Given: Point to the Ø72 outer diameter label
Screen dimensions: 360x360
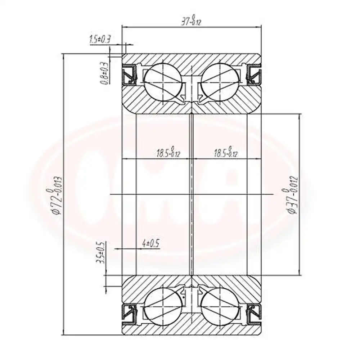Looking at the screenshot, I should [57, 196].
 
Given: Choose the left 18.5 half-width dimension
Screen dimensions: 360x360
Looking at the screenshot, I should [168, 153].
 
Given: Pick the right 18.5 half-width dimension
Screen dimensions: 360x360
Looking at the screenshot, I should [225, 153].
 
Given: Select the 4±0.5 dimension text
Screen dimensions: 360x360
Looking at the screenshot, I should [150, 243].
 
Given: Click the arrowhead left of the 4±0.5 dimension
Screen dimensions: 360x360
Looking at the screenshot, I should [116, 248].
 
